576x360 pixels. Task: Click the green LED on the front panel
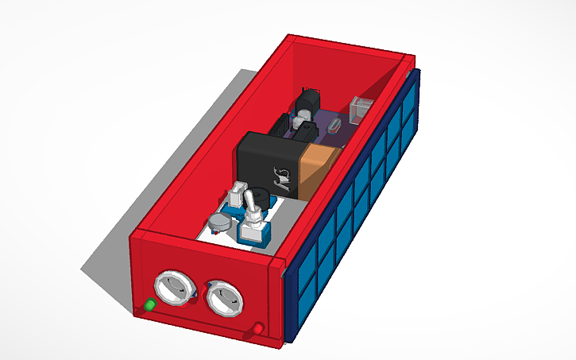(149, 304)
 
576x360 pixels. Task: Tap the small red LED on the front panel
(259, 328)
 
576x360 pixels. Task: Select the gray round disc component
(219, 225)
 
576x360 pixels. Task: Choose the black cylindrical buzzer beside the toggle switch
(257, 199)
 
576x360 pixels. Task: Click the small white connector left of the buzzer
(237, 193)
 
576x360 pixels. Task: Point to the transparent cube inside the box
(361, 109)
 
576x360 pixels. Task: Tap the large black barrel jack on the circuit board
(307, 103)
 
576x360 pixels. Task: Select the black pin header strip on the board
(280, 125)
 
